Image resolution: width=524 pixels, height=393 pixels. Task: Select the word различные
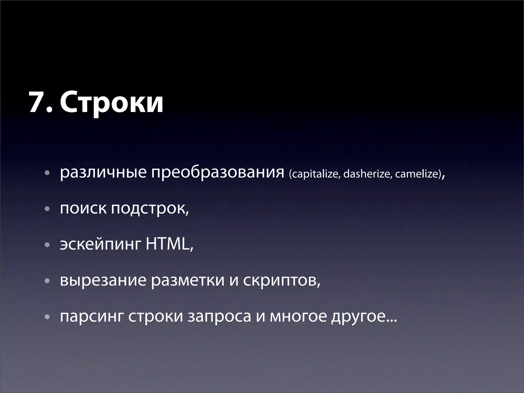[x=103, y=173]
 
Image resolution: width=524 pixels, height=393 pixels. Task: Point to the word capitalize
[x=315, y=174]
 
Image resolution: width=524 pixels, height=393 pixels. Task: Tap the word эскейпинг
[x=100, y=245]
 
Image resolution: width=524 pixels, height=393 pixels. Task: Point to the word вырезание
[x=103, y=281]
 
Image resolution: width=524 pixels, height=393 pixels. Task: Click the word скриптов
[x=281, y=281]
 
